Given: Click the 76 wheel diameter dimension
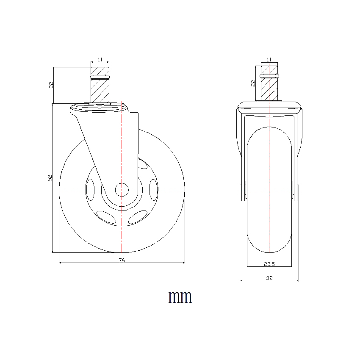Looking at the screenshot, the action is [x=122, y=260].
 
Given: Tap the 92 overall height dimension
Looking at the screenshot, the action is [x=50, y=178].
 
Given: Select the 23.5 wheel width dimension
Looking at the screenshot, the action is [x=269, y=264].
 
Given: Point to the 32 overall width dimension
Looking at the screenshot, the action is [x=269, y=278].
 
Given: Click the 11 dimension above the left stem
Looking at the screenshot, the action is [x=100, y=59].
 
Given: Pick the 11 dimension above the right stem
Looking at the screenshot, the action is [x=269, y=59].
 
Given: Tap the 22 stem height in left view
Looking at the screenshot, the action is [x=51, y=85].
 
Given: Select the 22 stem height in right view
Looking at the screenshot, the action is [x=253, y=83].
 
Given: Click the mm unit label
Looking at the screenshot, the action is [x=180, y=297].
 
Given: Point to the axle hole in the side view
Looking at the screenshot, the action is [x=122, y=190].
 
